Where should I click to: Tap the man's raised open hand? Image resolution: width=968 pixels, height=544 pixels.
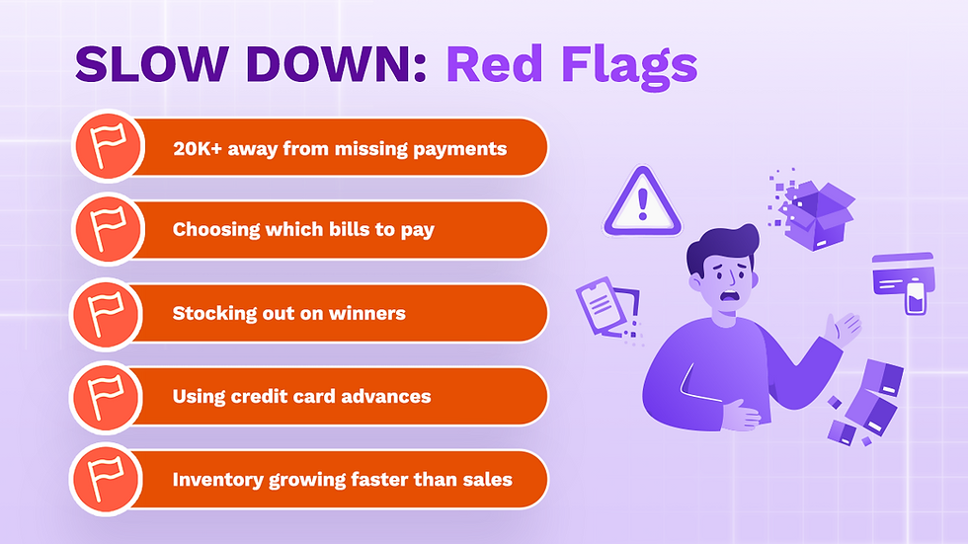[x=846, y=329]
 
